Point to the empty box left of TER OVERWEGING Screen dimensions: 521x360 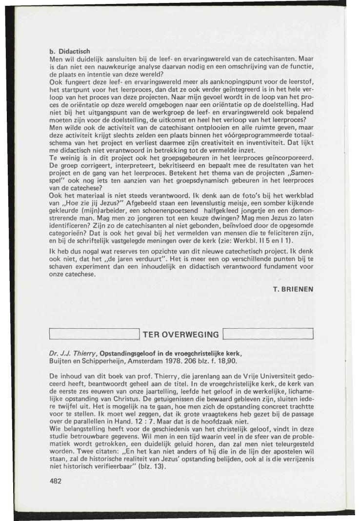coord(95,334)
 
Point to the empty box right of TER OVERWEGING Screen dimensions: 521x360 coord(267,334)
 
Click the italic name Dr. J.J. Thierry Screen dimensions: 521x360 coord(75,353)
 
